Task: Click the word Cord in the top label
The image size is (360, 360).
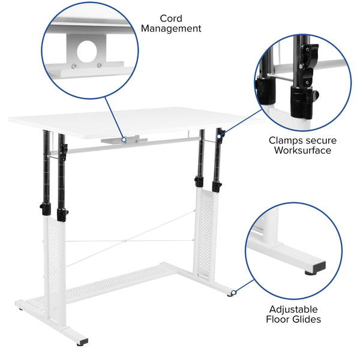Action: [171, 18]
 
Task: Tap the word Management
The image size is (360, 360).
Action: [171, 29]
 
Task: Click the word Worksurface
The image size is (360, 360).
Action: [302, 151]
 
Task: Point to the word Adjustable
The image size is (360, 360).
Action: [293, 309]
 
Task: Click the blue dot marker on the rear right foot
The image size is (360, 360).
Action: [233, 293]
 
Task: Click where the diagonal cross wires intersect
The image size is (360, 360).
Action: [129, 241]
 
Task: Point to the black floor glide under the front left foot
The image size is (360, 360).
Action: [21, 309]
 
